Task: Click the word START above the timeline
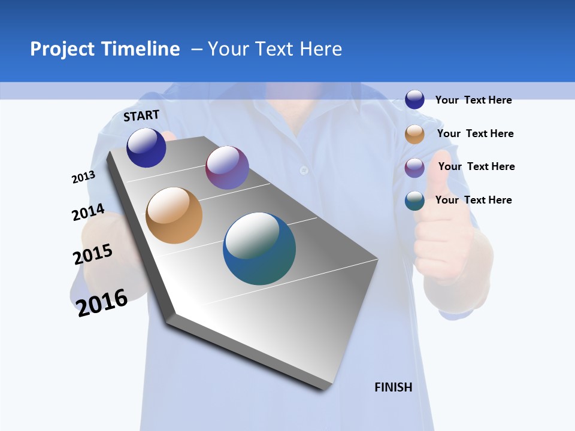pyautogui.click(x=141, y=116)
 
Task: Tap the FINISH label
pyautogui.click(x=393, y=387)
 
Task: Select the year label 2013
pyautogui.click(x=83, y=177)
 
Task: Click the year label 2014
pyautogui.click(x=88, y=213)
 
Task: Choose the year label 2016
pyautogui.click(x=102, y=302)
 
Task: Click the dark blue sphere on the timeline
pyautogui.click(x=146, y=147)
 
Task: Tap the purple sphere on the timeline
pyautogui.click(x=227, y=168)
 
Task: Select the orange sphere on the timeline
pyautogui.click(x=174, y=215)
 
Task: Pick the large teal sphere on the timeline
pyautogui.click(x=259, y=248)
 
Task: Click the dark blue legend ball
pyautogui.click(x=414, y=99)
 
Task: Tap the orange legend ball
pyautogui.click(x=414, y=134)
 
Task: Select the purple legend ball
pyautogui.click(x=414, y=168)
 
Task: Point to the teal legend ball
pyautogui.click(x=414, y=201)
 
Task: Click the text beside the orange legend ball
pyautogui.click(x=475, y=133)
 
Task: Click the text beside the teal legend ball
pyautogui.click(x=473, y=200)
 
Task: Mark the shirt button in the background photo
pyautogui.click(x=304, y=170)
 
